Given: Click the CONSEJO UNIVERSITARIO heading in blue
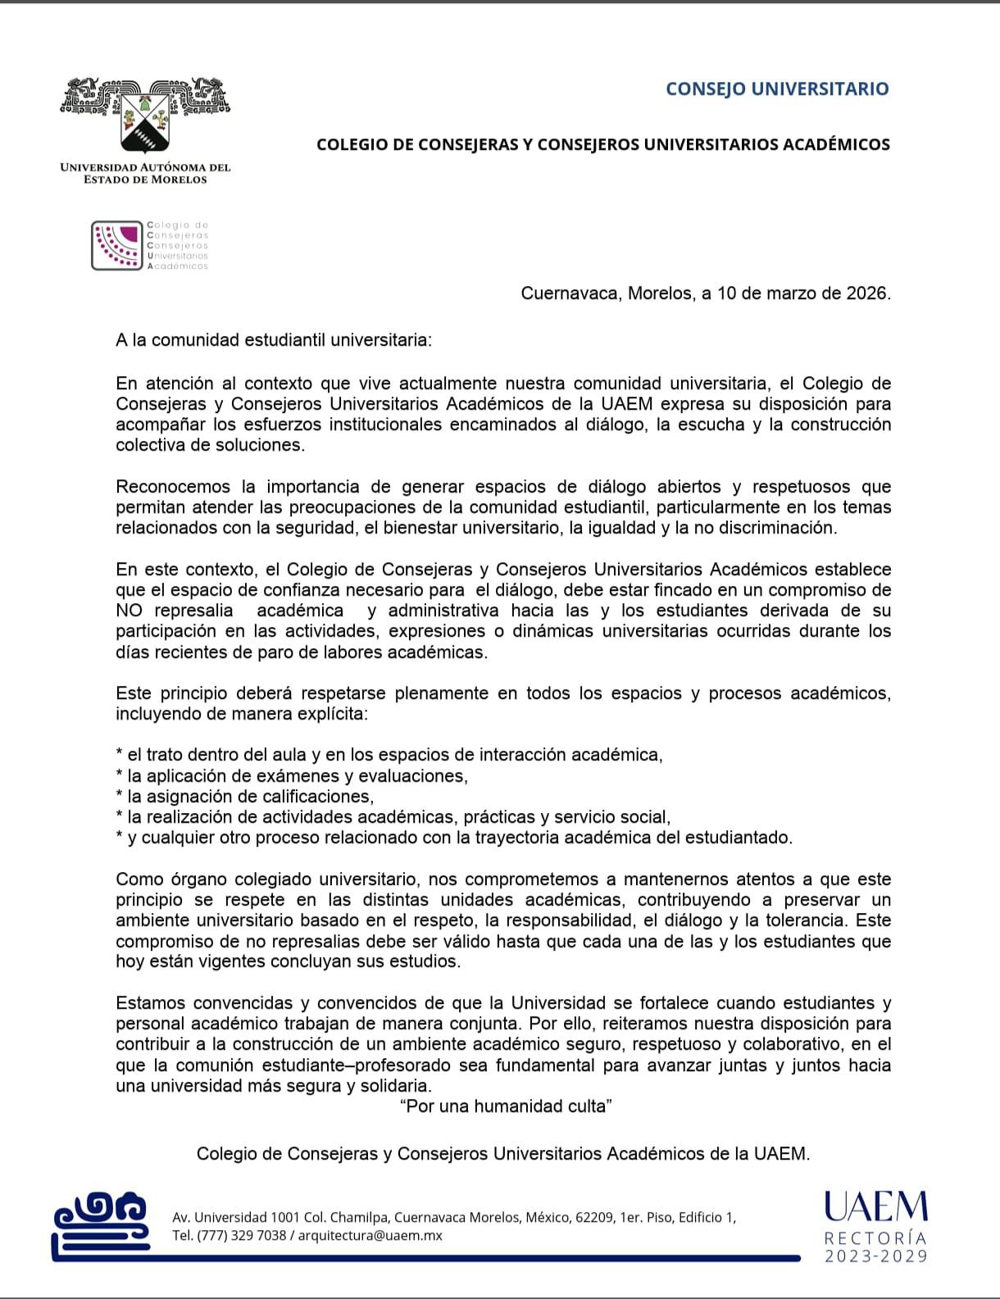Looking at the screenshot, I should tap(777, 89).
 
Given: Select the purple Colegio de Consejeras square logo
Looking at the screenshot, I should tap(117, 245).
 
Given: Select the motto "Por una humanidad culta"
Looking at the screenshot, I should tap(506, 1106).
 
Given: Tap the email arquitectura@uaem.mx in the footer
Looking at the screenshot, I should tap(370, 1235).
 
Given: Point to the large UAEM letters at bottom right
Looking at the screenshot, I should tap(875, 1207).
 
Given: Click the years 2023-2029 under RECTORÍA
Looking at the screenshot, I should tap(875, 1256).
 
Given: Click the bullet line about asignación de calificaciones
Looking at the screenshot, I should tap(245, 797).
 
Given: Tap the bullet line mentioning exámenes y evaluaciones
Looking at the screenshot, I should tap(293, 776).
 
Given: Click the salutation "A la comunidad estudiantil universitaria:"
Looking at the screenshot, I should tap(273, 339).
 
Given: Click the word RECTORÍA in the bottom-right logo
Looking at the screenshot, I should tap(875, 1238).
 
